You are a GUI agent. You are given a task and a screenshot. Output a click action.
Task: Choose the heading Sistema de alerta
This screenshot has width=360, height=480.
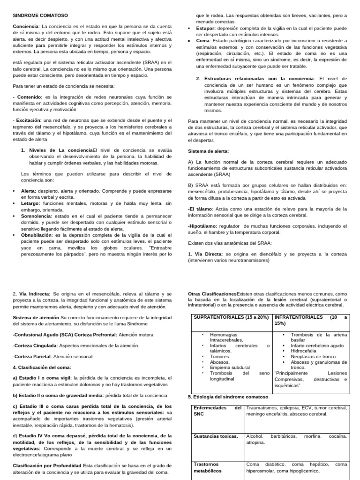coord(208,151)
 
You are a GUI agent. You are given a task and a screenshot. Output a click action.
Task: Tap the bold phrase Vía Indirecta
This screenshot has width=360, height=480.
coord(35,294)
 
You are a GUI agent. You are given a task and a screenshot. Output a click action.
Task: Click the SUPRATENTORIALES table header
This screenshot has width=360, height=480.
coord(232,317)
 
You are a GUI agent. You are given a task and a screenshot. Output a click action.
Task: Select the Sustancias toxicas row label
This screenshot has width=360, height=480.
coord(216,436)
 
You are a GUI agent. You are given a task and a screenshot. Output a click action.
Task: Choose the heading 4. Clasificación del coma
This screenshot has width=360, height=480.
coord(41,367)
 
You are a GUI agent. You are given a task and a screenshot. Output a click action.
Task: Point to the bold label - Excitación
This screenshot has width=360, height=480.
coord(28,120)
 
